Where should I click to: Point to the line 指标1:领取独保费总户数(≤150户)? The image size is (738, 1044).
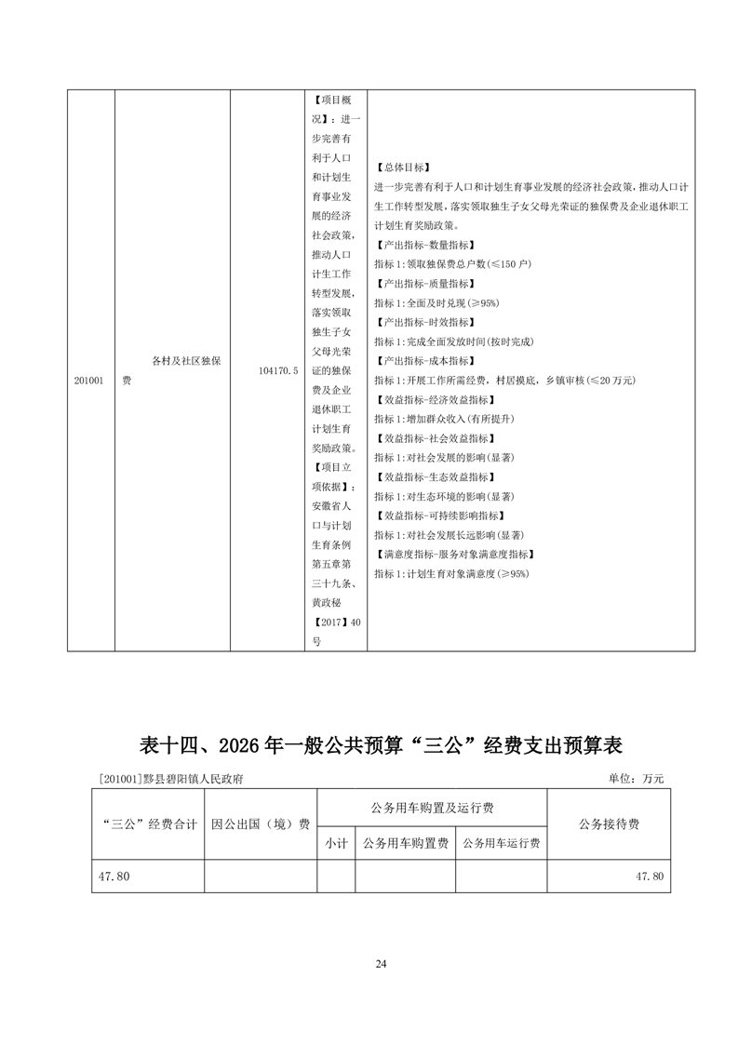(x=452, y=264)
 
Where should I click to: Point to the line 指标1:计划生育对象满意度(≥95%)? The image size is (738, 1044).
(x=451, y=573)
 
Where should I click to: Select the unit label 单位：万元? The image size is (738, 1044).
(x=637, y=778)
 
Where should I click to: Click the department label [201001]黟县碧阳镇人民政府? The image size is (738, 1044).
(x=169, y=779)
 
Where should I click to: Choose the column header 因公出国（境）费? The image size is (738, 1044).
(x=261, y=823)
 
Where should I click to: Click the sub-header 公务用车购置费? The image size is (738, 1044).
(x=405, y=843)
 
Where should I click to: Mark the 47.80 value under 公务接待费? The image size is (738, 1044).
(x=649, y=877)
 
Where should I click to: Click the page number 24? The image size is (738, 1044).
(x=380, y=963)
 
